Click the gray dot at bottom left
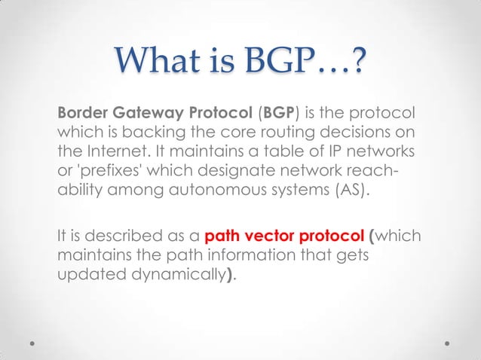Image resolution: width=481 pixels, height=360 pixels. (33, 341)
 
